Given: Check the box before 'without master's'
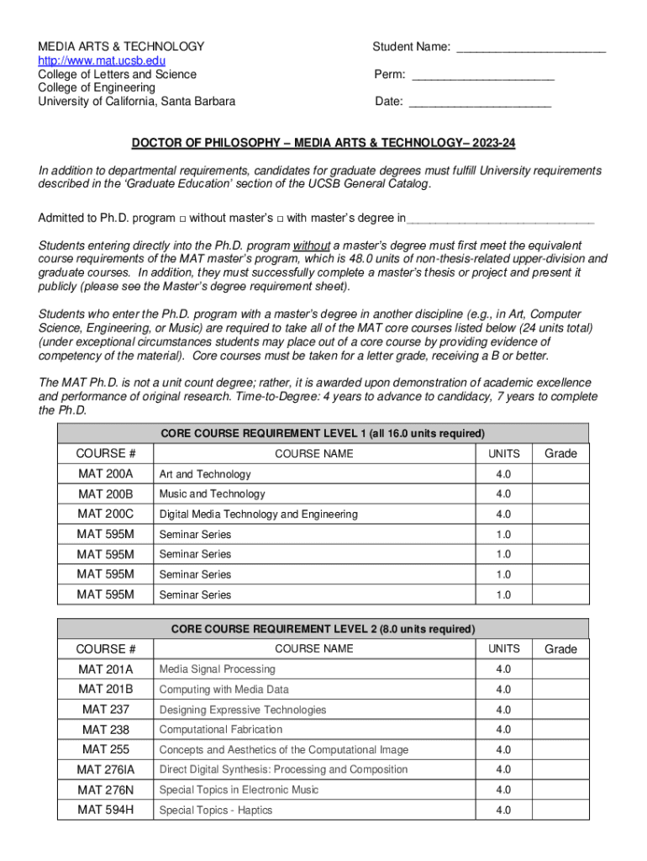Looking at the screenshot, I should [182, 219].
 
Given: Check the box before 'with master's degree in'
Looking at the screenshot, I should [280, 219].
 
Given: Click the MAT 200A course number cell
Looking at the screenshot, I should [106, 474].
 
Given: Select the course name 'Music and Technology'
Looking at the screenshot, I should [212, 494].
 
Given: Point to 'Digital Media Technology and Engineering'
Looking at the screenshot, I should [258, 515].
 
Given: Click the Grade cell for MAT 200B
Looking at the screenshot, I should [560, 494].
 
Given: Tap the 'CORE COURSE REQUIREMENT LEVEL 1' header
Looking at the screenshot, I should [323, 434].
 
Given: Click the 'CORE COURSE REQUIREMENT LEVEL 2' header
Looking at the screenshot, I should [323, 629].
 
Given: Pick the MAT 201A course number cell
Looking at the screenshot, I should [106, 669].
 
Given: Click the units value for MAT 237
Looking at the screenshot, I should [503, 710].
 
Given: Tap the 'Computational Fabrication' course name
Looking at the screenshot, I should [221, 730].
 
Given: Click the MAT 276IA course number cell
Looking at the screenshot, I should [106, 770].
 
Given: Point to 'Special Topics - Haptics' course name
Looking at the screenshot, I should [216, 811].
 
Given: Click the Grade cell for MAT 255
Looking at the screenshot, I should [560, 750].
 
